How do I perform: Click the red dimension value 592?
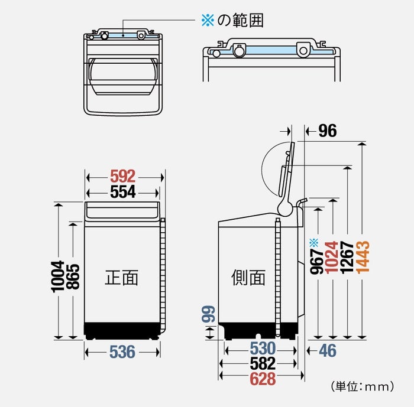[123, 176]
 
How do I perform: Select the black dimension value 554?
[123, 191]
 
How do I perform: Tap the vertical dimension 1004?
[57, 275]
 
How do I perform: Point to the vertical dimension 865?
[73, 276]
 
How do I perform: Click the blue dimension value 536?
[122, 352]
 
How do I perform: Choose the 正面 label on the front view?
[121, 277]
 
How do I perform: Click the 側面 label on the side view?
[248, 277]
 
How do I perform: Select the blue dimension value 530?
[263, 348]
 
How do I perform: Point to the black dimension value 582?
[263, 363]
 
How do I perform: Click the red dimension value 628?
[263, 379]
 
